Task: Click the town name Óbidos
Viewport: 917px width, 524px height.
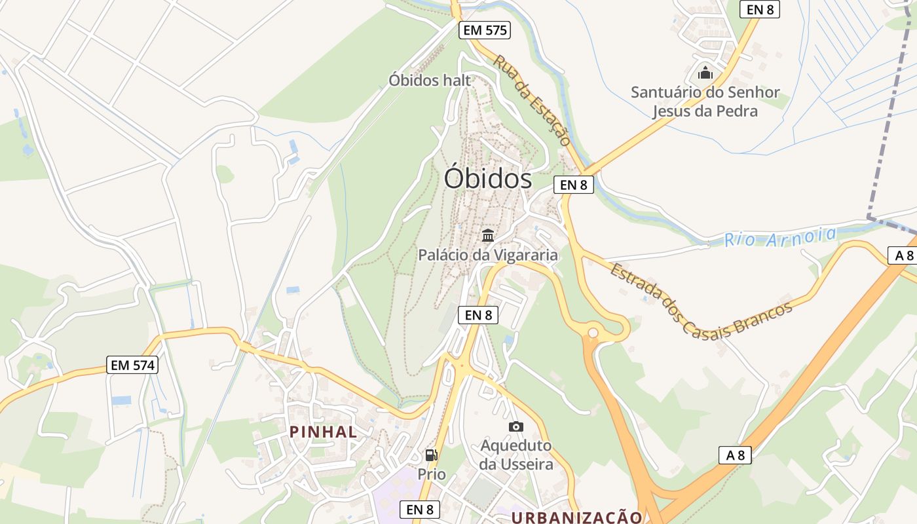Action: point(488,178)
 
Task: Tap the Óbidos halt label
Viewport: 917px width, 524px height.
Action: point(430,80)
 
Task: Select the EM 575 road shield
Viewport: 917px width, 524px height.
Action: point(484,30)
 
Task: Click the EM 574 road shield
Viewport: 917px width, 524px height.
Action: point(133,365)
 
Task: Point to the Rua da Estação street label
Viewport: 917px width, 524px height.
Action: point(532,100)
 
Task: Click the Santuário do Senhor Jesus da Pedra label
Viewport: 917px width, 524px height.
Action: point(705,102)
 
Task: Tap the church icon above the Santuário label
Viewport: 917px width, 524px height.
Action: point(705,71)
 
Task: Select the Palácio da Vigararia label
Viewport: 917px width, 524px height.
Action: point(488,255)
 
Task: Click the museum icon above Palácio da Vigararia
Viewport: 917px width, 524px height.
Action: point(488,235)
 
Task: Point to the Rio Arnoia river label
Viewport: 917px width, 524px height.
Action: point(780,236)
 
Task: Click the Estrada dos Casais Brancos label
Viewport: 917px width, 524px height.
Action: point(701,301)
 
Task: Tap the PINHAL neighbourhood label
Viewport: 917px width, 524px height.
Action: point(324,432)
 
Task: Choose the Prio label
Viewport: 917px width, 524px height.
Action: point(432,474)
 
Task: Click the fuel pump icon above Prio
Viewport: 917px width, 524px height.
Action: point(432,455)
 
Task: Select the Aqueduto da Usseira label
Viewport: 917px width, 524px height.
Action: point(516,455)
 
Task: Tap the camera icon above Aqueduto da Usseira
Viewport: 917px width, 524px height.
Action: point(516,427)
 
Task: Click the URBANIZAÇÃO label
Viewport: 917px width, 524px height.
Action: point(576,517)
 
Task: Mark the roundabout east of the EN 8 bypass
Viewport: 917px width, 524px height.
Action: point(593,333)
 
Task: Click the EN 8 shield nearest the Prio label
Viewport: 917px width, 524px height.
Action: point(420,510)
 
